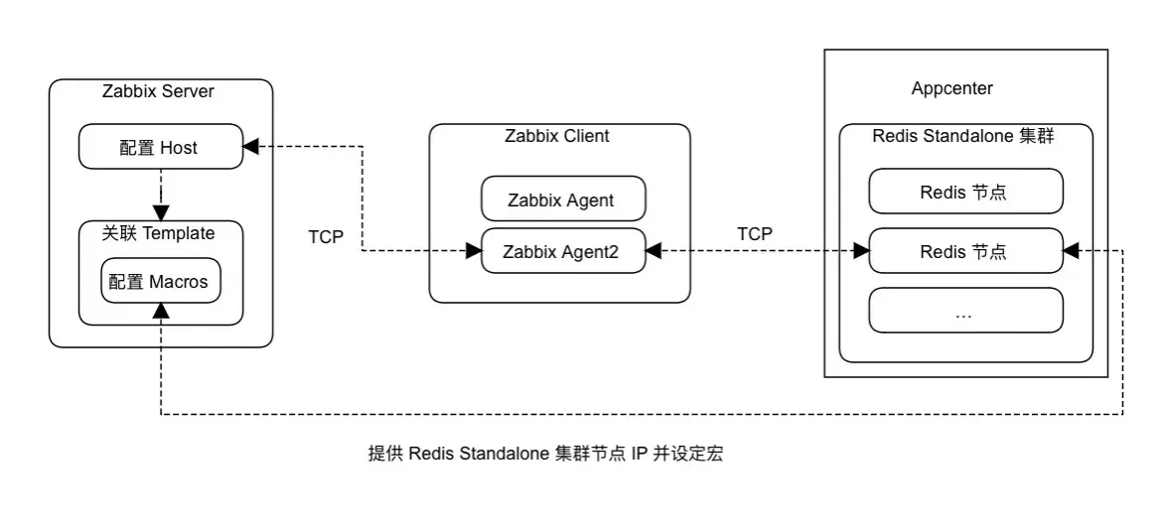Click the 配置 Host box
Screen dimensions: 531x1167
coord(160,148)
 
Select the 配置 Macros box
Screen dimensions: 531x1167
coord(160,282)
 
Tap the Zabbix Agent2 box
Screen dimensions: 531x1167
coord(562,252)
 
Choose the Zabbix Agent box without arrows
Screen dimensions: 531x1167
coord(562,199)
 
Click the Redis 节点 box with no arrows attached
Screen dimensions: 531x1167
coord(964,193)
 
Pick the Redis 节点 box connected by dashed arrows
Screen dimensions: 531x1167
coord(964,251)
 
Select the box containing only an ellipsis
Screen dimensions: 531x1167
coord(964,312)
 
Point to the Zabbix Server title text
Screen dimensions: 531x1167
coord(159,91)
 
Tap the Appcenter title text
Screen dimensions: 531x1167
coord(951,88)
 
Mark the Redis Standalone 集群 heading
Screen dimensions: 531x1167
coord(962,137)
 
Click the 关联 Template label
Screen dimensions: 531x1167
coord(159,233)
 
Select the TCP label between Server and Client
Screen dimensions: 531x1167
coord(327,238)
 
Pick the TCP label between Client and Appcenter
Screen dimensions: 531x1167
coord(755,233)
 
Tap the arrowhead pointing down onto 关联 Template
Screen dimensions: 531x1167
coord(161,212)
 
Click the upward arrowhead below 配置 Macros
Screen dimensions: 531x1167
coord(161,312)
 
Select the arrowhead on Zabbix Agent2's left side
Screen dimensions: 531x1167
coord(474,252)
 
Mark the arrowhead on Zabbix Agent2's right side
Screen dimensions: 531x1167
coord(654,252)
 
